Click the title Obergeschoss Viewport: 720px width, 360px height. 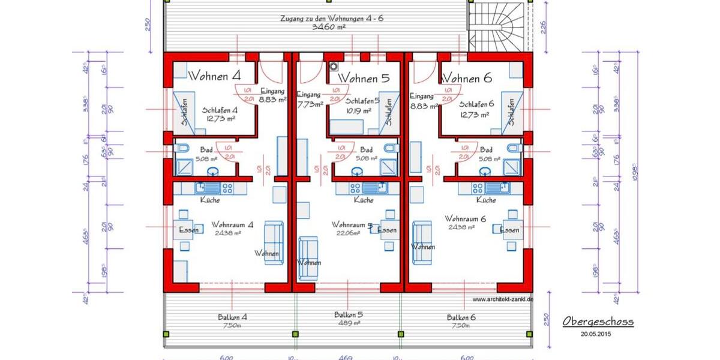598,322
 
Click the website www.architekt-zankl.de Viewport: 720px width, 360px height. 503,299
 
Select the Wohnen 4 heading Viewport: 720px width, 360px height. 215,77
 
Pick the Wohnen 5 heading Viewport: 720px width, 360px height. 364,79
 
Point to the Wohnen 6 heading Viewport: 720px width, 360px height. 467,78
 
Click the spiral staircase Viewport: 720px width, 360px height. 499,27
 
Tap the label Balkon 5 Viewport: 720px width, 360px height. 349,314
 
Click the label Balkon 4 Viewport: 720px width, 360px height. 233,317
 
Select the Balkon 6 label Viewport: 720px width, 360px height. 461,317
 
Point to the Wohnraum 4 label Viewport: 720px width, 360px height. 232,225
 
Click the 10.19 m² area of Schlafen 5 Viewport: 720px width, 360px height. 359,110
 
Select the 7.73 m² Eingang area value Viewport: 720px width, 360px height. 310,103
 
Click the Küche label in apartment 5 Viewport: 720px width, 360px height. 364,200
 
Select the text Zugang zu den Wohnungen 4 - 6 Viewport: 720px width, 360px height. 331,19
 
